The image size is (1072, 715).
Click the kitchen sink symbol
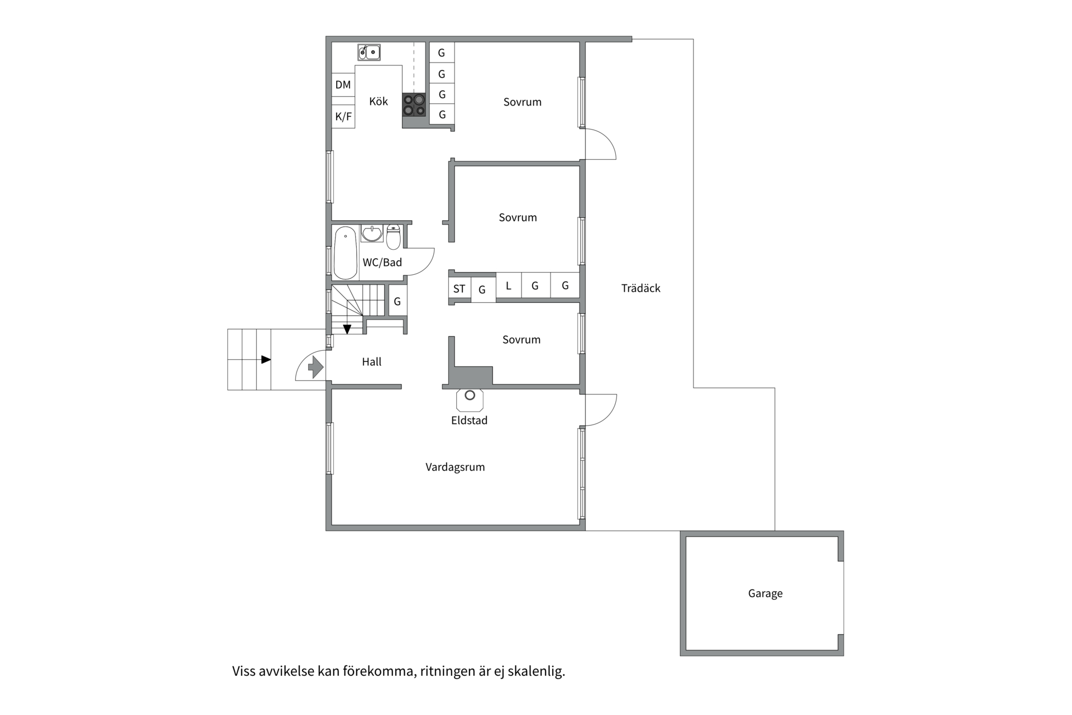click(369, 53)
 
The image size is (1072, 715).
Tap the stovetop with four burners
click(414, 105)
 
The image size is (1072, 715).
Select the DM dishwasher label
click(343, 85)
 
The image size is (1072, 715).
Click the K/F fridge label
click(343, 117)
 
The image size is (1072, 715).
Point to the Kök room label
click(379, 101)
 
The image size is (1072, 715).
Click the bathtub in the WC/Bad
click(346, 252)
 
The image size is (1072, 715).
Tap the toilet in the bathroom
click(394, 237)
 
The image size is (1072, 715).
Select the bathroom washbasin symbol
click(372, 233)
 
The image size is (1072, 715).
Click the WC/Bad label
click(382, 263)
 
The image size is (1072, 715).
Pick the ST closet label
click(459, 289)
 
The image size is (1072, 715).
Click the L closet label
click(508, 286)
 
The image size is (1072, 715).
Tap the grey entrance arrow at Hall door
click(315, 368)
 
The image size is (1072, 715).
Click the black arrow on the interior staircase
click(347, 329)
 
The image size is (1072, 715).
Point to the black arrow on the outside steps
click(266, 359)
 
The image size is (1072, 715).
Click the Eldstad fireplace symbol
click(470, 399)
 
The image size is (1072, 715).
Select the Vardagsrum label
click(455, 467)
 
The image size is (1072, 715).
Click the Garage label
click(765, 593)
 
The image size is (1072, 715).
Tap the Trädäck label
click(641, 288)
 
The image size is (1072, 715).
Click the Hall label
click(372, 362)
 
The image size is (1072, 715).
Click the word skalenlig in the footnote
click(536, 671)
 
